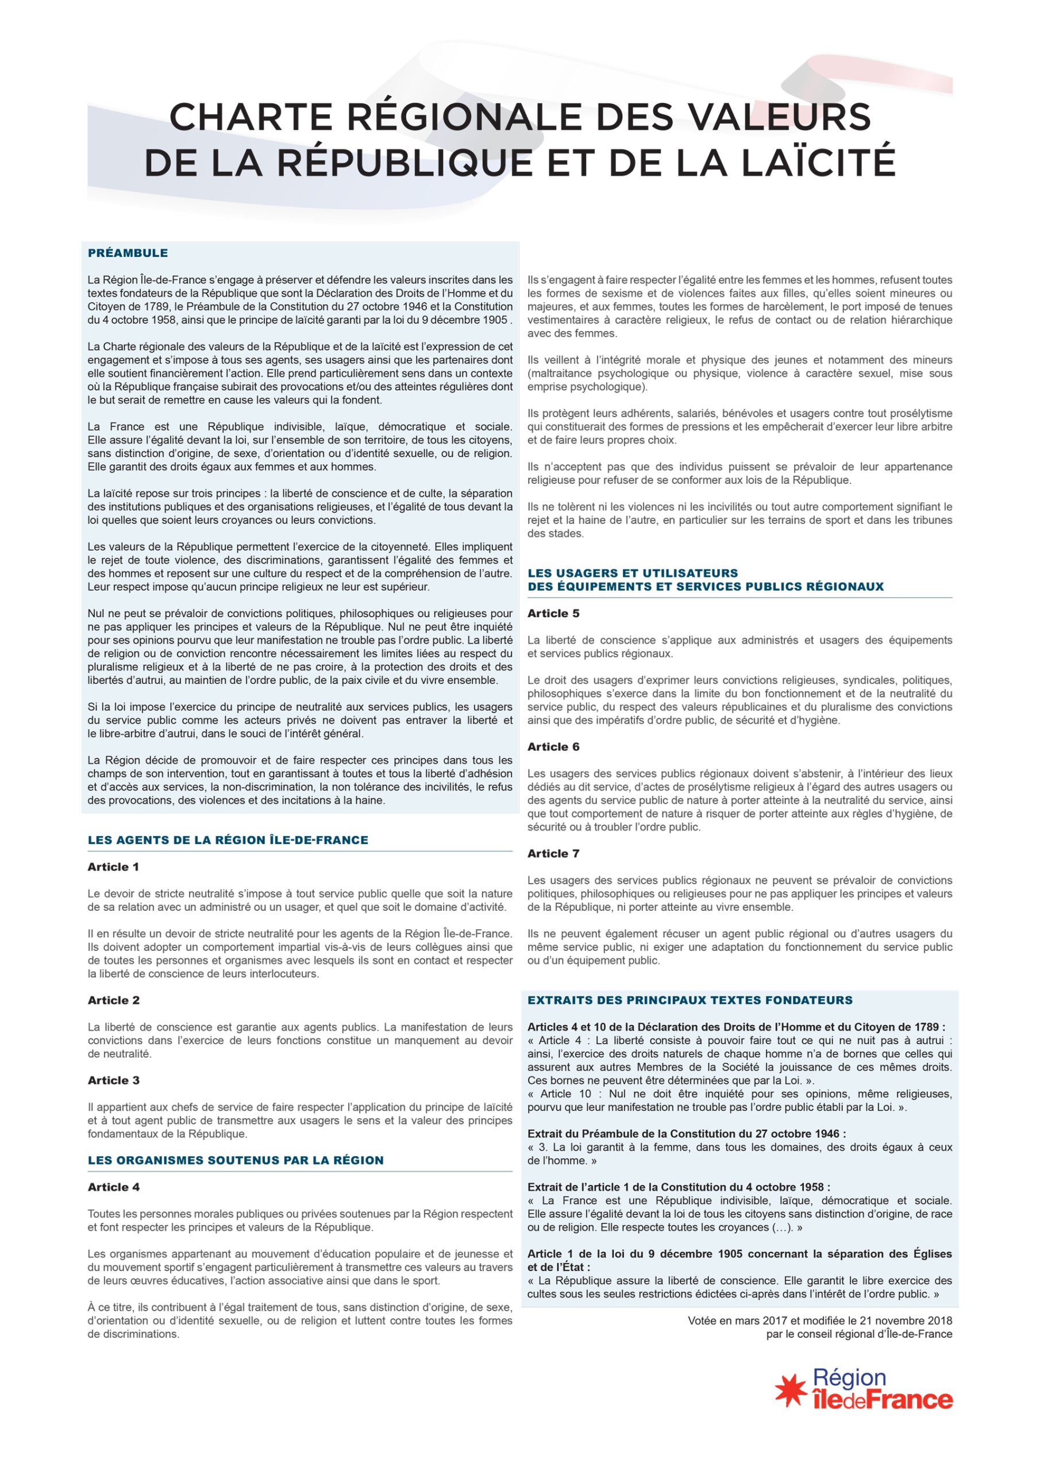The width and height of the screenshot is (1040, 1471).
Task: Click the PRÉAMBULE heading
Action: (x=128, y=253)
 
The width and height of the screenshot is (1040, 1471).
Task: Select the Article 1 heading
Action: (x=113, y=867)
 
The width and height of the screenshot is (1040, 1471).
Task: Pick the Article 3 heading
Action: (x=113, y=1080)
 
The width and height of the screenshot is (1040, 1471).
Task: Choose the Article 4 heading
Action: (x=113, y=1187)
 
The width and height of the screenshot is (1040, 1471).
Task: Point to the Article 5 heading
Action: (x=553, y=613)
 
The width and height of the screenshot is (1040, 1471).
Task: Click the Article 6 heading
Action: (x=553, y=746)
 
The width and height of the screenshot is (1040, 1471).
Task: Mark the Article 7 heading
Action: (x=553, y=853)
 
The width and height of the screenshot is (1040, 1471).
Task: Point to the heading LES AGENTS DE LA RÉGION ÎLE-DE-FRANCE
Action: (x=228, y=840)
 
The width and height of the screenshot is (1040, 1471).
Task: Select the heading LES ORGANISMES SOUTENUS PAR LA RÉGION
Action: (x=236, y=1160)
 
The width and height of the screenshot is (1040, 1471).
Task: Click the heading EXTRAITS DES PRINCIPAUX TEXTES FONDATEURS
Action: (x=690, y=1000)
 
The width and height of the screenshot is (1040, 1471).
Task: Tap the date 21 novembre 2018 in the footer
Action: (x=907, y=1320)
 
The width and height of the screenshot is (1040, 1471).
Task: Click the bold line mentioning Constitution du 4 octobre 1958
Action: (x=679, y=1187)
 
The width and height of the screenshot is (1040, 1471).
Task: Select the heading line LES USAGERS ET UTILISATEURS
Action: (x=633, y=573)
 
